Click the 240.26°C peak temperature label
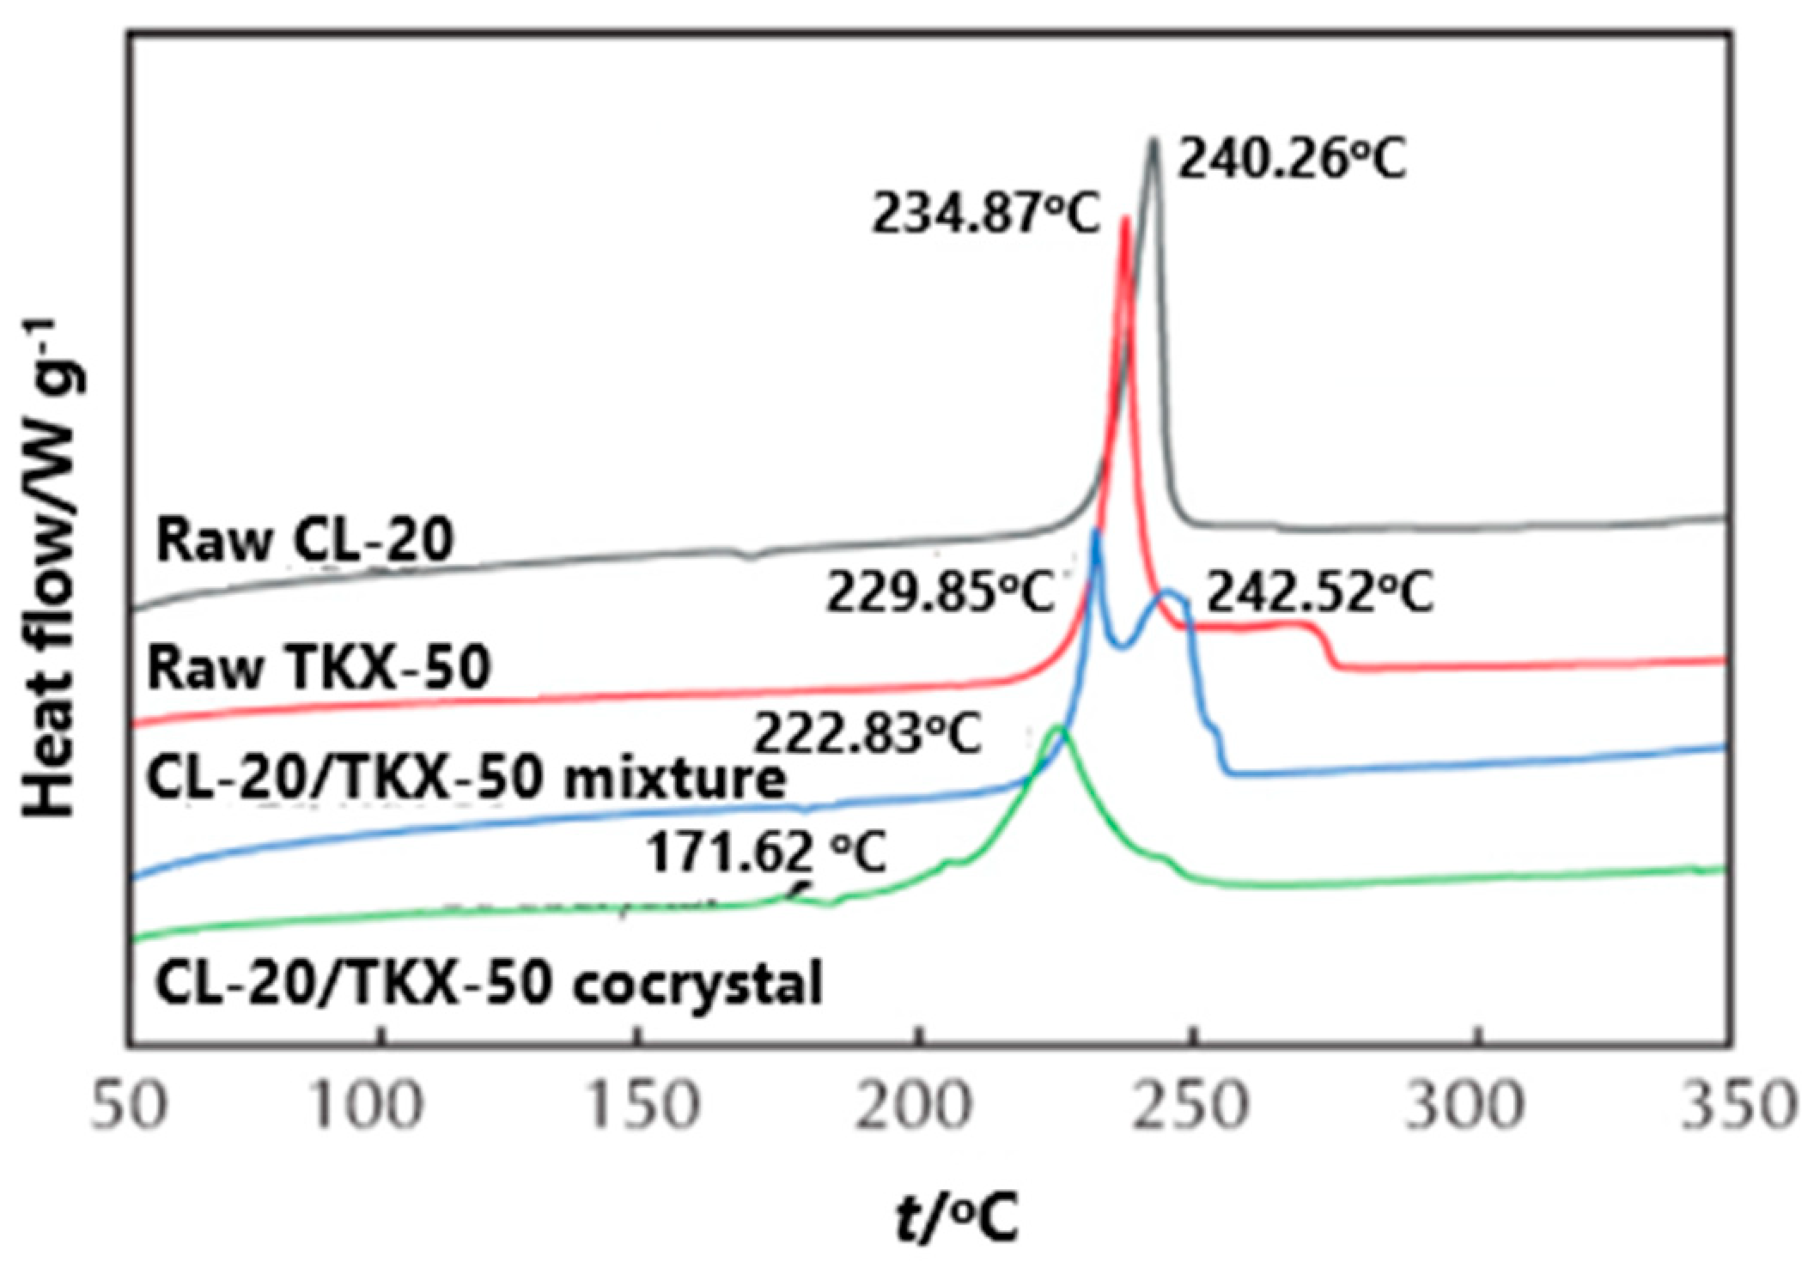tap(1291, 160)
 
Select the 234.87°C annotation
tap(986, 213)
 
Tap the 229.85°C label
tap(940, 592)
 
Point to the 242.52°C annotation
tap(1320, 592)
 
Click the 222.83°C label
tap(867, 734)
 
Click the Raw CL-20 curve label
tap(304, 541)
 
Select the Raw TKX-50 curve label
tap(319, 668)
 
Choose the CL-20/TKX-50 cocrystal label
tap(488, 983)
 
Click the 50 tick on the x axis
tap(129, 1106)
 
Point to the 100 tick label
tap(366, 1106)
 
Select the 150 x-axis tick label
tap(641, 1106)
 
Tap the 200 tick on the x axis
tap(914, 1106)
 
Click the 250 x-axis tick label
tap(1189, 1106)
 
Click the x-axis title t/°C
tap(957, 1219)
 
